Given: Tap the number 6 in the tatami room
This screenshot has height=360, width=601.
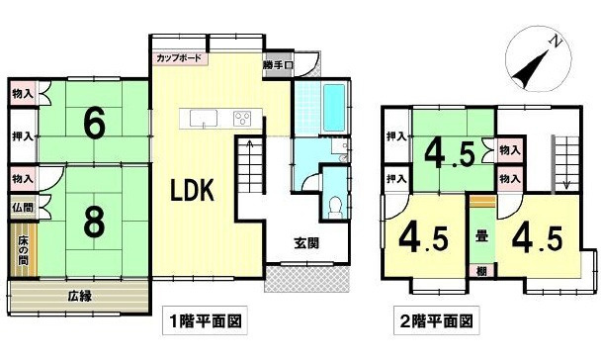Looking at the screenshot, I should [x=94, y=124].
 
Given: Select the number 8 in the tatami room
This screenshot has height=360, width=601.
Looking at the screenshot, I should [x=93, y=223].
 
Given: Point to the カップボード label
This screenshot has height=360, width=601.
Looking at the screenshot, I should [x=179, y=58].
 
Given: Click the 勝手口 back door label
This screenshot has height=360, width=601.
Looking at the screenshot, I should [x=278, y=66].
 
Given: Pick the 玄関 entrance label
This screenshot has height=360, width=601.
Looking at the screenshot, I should [x=306, y=243].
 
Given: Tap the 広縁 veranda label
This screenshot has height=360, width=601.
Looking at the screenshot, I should [x=81, y=295].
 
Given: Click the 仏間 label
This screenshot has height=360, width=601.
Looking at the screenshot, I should [x=22, y=208].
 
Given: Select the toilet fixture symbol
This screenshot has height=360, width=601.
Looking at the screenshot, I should [x=335, y=206].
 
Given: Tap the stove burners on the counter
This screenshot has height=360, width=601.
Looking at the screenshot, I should [x=241, y=120].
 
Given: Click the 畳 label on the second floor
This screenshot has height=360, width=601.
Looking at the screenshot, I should [x=481, y=237].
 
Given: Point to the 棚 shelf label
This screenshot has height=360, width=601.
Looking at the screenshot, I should [x=481, y=270].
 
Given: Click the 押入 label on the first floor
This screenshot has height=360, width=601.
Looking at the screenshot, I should [x=22, y=136].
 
